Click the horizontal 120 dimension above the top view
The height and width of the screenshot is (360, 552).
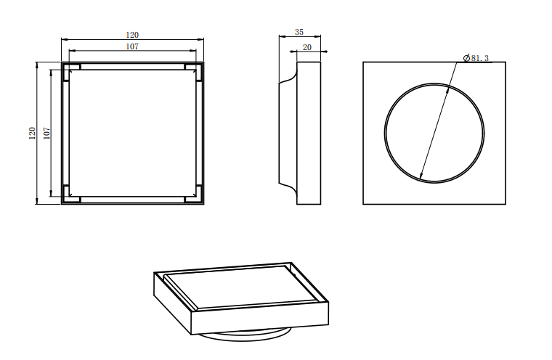point(132,35)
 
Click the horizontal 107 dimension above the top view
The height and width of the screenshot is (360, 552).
point(132,46)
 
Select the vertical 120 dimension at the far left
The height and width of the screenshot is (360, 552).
point(32,133)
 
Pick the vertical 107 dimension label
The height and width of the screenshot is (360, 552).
point(46,133)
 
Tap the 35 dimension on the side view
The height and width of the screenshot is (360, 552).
point(299,32)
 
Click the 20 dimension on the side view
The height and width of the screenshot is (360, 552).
point(307,47)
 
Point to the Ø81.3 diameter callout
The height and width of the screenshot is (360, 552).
point(476,58)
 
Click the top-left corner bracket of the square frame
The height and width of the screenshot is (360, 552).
point(71,72)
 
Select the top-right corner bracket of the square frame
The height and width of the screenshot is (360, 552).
point(194,72)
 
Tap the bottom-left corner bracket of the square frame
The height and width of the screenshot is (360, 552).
point(71,194)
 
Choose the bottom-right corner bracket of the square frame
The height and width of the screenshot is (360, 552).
point(194,194)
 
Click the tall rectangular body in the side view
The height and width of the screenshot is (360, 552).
point(309,133)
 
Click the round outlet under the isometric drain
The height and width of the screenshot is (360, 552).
point(243,335)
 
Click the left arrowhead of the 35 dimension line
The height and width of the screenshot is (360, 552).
point(280,36)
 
